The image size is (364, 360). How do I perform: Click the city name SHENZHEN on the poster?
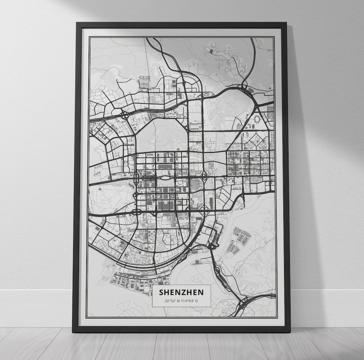[x=181, y=292]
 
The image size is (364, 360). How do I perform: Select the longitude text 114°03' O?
[x=190, y=301]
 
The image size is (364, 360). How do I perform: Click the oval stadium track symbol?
[x=257, y=119]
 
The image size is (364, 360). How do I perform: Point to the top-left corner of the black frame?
[x=78, y=24]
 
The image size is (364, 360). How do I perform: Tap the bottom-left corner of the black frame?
[x=74, y=331]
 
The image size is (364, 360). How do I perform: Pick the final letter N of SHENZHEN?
[x=201, y=292]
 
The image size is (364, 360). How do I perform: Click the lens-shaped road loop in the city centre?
[x=165, y=177]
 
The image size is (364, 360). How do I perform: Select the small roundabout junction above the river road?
[x=213, y=247]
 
